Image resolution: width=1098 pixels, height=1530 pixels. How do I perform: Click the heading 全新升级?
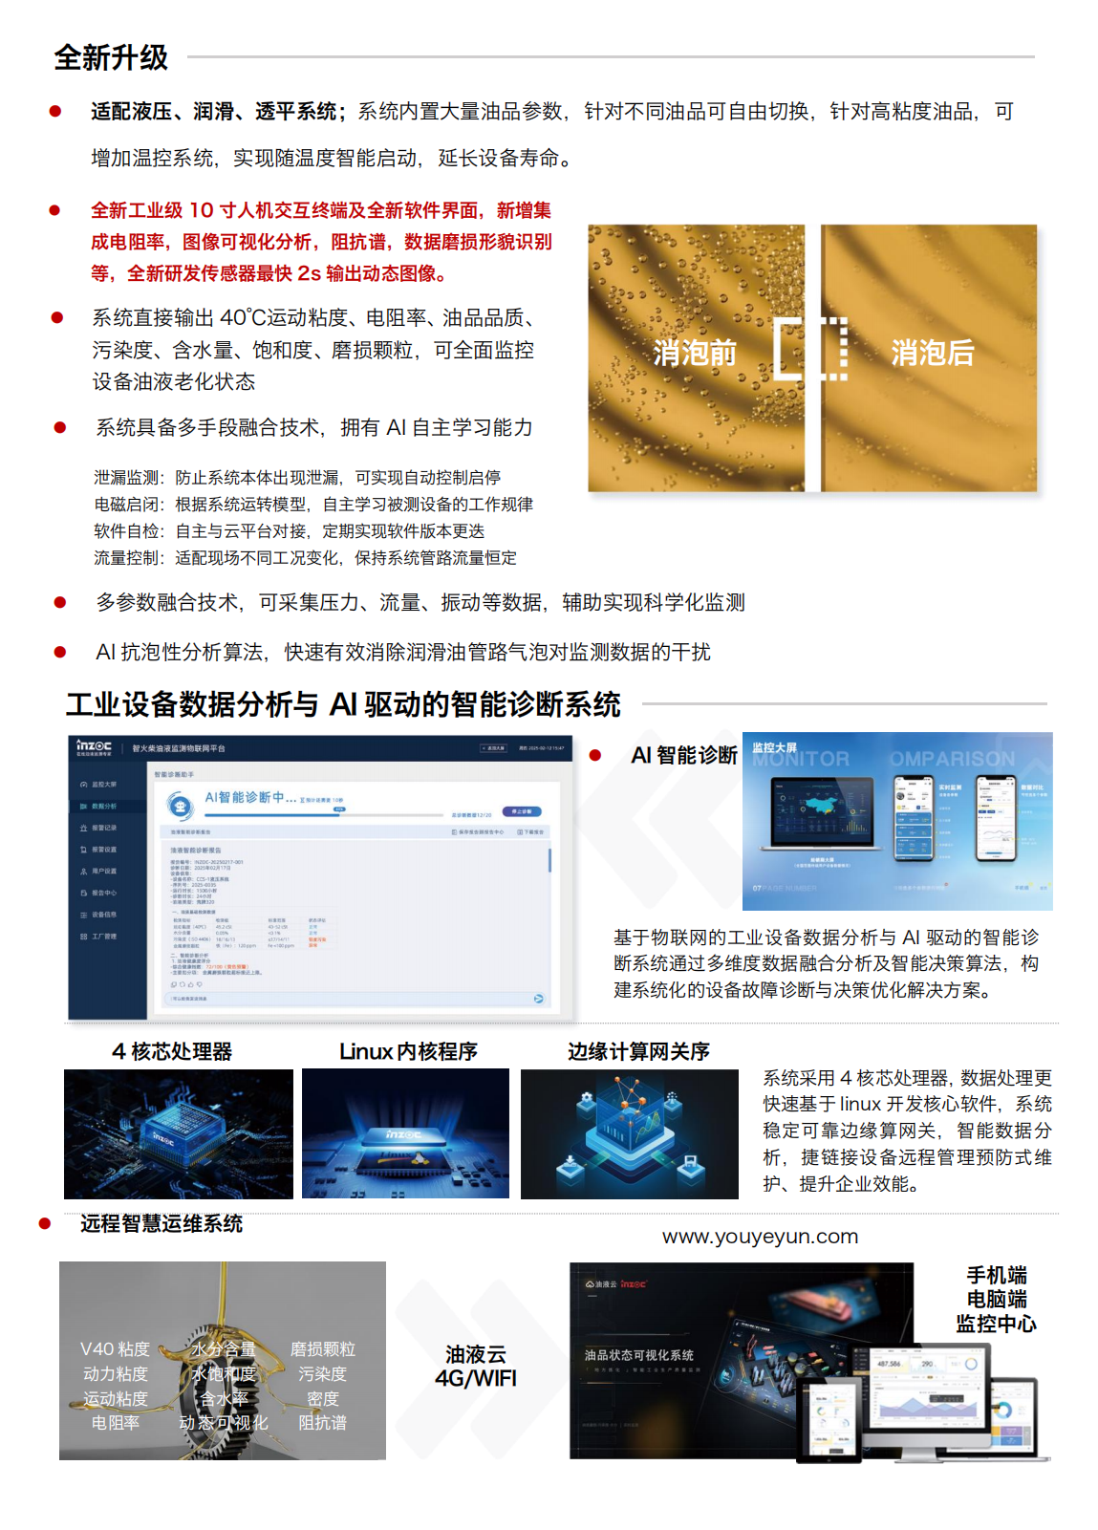(x=111, y=58)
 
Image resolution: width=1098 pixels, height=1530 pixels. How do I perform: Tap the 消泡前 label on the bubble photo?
(x=695, y=354)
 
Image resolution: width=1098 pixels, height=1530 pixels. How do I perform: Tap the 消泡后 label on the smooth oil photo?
(x=932, y=354)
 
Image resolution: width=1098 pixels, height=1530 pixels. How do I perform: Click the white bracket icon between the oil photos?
(x=810, y=350)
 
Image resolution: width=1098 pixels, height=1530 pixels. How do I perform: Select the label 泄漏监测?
(x=128, y=478)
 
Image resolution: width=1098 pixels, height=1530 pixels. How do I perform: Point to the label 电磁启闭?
(x=128, y=505)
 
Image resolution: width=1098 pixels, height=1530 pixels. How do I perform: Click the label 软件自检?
(x=128, y=531)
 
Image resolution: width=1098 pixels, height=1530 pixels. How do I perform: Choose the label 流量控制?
(x=128, y=558)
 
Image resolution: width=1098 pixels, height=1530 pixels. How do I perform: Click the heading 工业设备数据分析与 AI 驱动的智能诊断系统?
(x=343, y=705)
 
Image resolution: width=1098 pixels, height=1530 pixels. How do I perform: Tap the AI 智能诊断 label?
(x=684, y=756)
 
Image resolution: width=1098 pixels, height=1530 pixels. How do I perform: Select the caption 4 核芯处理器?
(x=172, y=1052)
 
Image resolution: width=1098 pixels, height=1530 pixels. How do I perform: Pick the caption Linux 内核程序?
(x=408, y=1052)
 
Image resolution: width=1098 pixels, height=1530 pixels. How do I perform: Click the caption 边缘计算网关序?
(x=638, y=1052)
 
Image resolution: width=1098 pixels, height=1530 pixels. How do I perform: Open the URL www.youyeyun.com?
(x=760, y=1237)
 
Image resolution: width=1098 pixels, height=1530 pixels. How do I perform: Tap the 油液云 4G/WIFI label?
(x=476, y=1367)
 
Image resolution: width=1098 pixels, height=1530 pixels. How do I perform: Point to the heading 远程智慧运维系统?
(x=161, y=1224)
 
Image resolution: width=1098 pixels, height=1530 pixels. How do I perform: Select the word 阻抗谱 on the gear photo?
(x=322, y=1423)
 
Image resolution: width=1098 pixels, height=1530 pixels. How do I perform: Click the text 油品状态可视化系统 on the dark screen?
(x=639, y=1355)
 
